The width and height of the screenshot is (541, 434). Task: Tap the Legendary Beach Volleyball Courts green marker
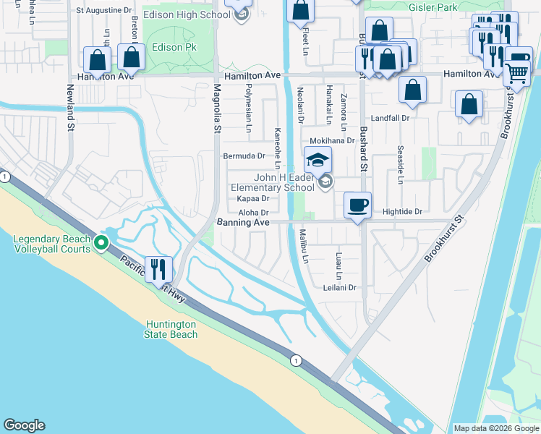click(103, 244)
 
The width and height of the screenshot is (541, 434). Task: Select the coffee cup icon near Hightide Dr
click(357, 205)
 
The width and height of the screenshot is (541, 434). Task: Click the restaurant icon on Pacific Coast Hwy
click(159, 269)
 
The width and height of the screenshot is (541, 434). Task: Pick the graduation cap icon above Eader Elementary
click(318, 159)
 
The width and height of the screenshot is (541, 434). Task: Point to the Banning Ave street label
click(243, 223)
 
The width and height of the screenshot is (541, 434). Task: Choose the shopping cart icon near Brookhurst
click(516, 72)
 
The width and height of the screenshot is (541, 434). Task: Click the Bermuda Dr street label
click(244, 156)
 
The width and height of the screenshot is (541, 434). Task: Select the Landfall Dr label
click(391, 117)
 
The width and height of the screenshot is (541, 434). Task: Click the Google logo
click(24, 425)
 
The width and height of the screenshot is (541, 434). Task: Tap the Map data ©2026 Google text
click(496, 428)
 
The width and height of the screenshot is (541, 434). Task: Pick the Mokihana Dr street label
click(332, 141)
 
